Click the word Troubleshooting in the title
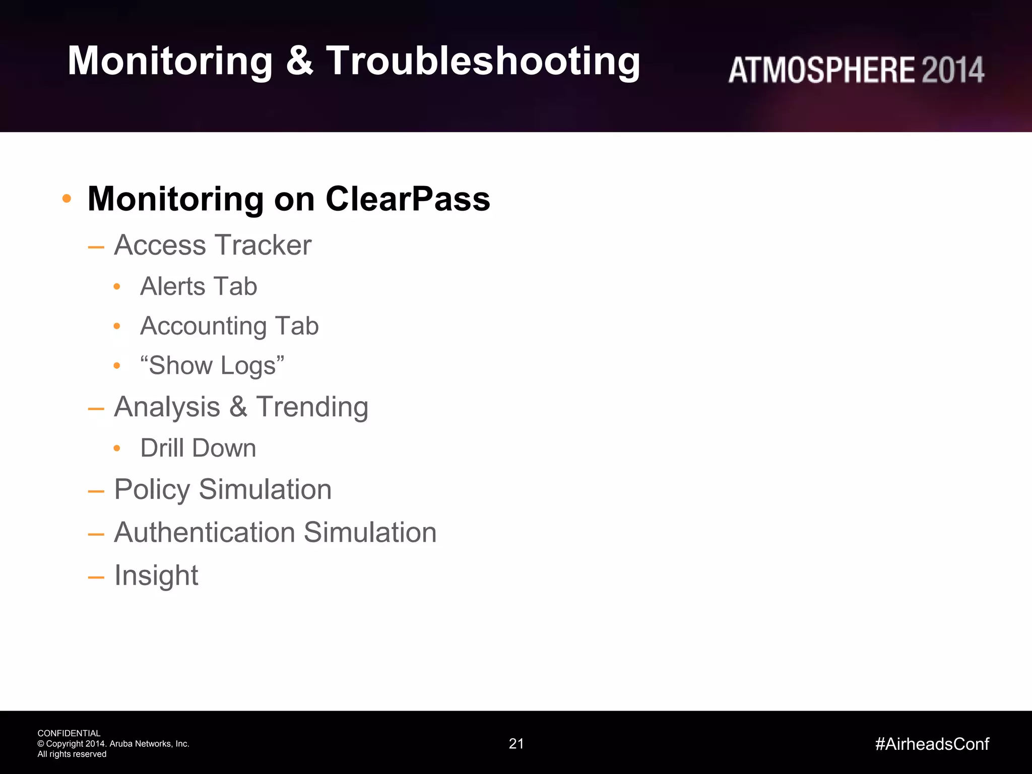coord(483,61)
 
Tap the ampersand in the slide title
coord(299,61)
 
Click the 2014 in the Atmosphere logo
coord(952,70)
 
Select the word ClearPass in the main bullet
coord(408,199)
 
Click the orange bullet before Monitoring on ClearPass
coord(67,199)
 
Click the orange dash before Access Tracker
coord(96,247)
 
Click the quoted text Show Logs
coord(212,365)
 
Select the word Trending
coord(312,407)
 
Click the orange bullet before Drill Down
coord(117,448)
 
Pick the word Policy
coord(152,490)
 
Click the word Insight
coord(156,575)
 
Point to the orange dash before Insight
coord(96,577)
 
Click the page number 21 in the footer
coord(516,744)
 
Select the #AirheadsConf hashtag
coord(932,744)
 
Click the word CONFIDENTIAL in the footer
coord(69,733)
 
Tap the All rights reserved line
coord(72,754)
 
